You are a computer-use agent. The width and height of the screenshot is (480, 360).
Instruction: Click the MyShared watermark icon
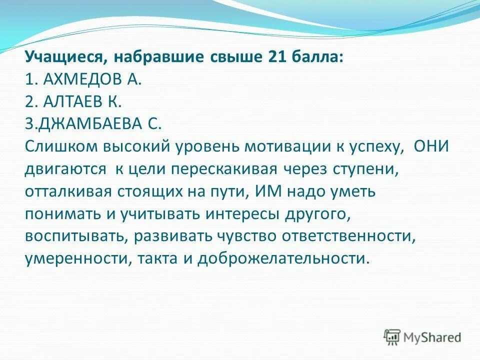point(392,337)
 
